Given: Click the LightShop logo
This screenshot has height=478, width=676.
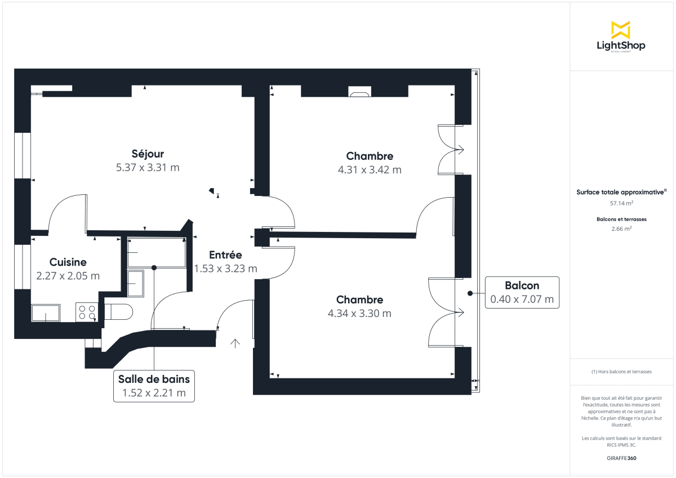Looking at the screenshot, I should click(621, 37).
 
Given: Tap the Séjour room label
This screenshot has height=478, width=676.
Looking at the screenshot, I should click(148, 154).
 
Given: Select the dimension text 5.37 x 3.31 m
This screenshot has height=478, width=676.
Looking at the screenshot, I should click(148, 167).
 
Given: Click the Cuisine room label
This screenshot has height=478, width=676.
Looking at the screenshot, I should click(68, 262).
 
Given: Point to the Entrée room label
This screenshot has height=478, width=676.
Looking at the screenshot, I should click(225, 254).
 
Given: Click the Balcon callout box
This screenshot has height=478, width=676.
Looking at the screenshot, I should click(522, 293).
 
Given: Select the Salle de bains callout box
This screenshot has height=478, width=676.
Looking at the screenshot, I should click(154, 386).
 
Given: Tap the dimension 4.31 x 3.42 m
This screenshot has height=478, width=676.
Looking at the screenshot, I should click(370, 169).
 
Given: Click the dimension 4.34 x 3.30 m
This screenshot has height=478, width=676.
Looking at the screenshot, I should click(359, 313).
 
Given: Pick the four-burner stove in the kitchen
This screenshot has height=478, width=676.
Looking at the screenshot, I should click(86, 312).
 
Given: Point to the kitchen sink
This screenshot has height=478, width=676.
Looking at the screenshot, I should click(46, 312).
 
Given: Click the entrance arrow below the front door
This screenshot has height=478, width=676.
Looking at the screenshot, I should click(235, 342).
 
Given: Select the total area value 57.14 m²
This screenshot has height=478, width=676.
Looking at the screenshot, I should click(621, 203).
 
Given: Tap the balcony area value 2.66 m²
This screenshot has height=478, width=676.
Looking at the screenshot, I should click(621, 229).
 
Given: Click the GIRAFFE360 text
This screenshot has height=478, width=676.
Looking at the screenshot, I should click(621, 458).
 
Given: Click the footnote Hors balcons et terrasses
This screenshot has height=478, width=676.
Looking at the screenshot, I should click(621, 372).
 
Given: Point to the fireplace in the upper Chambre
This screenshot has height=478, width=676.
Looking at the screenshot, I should click(359, 92).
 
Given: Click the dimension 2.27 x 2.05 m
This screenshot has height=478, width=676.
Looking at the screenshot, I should click(68, 276).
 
